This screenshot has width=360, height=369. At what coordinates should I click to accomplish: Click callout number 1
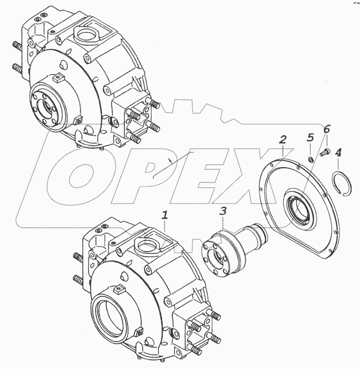click(x=165, y=215)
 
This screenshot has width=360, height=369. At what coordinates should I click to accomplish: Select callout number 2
click(x=282, y=140)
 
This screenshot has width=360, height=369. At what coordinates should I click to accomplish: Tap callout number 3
click(x=223, y=211)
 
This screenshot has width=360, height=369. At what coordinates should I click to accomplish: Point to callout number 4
click(x=338, y=153)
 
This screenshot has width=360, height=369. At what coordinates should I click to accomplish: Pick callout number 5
click(x=311, y=137)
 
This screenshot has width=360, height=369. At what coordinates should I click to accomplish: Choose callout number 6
click(x=327, y=129)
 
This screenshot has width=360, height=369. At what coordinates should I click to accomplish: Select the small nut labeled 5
click(x=311, y=160)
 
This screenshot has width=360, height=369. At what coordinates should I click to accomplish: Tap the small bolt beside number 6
click(x=325, y=152)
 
